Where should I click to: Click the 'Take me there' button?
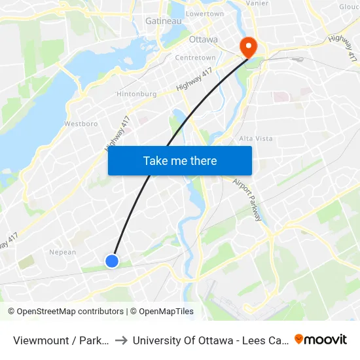coord(180,161)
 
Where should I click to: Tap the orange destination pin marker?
coord(249,46)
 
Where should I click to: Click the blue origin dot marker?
coord(112,261)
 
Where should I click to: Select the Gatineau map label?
coord(163,21)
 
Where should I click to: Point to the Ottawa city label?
coord(203,39)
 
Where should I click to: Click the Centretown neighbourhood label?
coord(195,58)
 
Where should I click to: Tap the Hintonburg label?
coord(136,94)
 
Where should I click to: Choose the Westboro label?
coord(81,123)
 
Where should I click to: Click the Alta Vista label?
coord(255,139)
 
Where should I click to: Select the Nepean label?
coord(63,252)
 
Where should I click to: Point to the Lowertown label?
coord(205,14)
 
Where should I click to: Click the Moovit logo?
coord(321,339)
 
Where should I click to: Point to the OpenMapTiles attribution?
coord(163,312)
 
